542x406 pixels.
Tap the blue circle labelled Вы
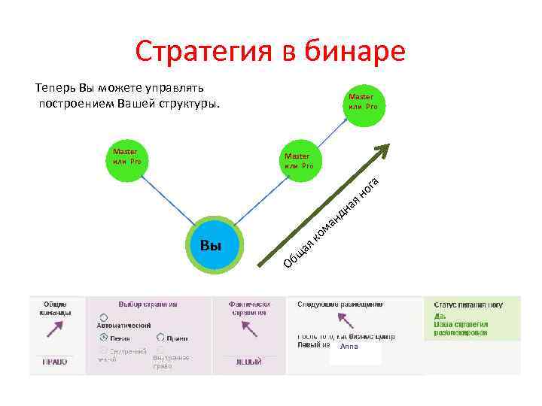215,246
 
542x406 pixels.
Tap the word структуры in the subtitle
187,104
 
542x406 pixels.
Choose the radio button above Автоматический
102,318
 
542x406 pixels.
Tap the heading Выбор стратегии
148,304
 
